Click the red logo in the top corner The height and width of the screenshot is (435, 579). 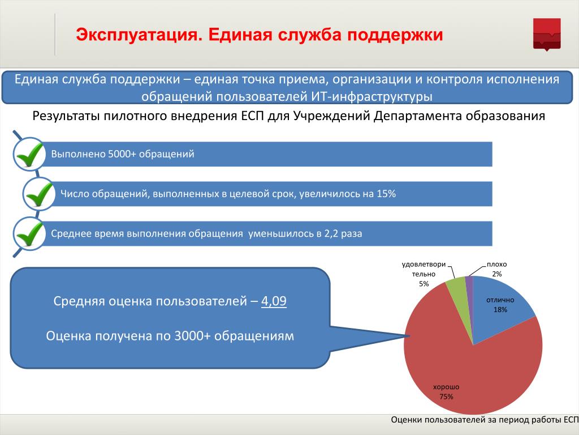547,33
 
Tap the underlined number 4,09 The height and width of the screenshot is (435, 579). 274,301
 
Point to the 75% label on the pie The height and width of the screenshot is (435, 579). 446,396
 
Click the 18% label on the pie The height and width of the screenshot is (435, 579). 500,310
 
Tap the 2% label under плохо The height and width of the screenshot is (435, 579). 496,274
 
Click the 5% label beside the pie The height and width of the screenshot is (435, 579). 424,284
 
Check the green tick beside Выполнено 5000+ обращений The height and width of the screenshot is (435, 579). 29,154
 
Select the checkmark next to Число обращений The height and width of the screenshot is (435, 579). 39,194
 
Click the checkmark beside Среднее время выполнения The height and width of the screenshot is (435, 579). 29,234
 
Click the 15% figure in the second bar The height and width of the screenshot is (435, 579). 386,194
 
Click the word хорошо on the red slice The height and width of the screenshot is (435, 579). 446,387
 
